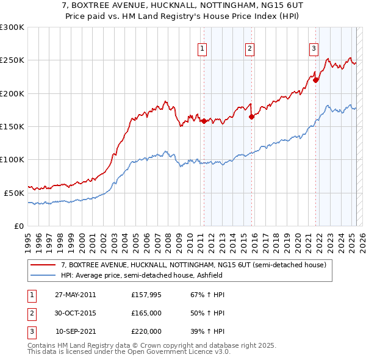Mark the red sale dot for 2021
click(316, 80)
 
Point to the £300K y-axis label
click(12, 27)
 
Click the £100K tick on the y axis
click(12, 159)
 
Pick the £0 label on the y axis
click(20, 226)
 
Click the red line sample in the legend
click(43, 265)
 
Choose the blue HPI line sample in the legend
click(43, 275)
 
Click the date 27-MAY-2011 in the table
click(76, 295)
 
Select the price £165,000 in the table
click(146, 313)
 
